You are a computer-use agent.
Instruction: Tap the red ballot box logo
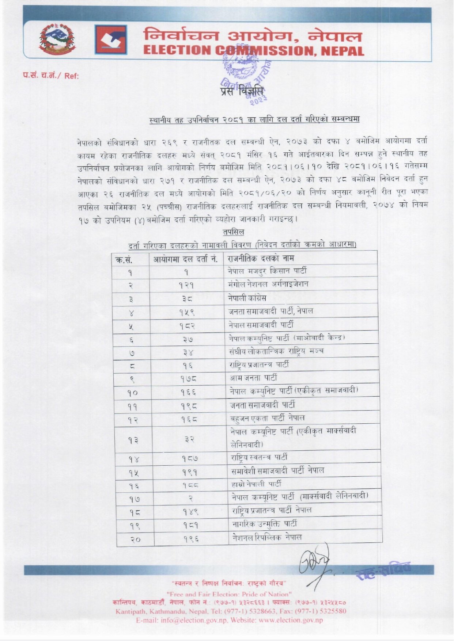[111, 40]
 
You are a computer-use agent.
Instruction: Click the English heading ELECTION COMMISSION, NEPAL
[253, 50]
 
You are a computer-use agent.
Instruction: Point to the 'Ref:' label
[72, 76]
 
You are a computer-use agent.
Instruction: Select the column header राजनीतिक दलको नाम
[261, 258]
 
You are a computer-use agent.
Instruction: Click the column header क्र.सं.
[124, 260]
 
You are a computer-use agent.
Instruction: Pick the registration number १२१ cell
[186, 285]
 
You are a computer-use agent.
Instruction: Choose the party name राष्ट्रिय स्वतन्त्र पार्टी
[259, 457]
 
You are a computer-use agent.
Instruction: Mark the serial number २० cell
[135, 539]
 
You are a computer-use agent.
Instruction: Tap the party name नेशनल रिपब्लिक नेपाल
[267, 537]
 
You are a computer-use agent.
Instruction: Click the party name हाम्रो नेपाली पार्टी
[256, 484]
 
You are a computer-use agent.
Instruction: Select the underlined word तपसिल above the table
[233, 232]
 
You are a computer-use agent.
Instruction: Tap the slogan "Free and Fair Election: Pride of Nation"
[229, 594]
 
